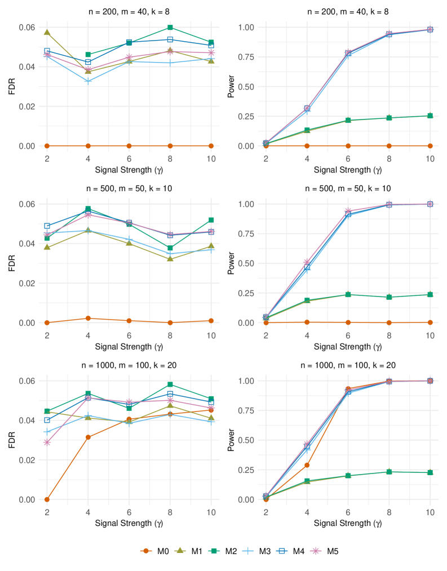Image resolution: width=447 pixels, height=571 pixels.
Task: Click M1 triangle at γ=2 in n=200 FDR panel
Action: point(47,33)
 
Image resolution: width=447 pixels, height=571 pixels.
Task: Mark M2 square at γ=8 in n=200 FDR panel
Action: point(170,27)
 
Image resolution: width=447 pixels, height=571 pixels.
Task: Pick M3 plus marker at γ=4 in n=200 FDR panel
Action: point(88,81)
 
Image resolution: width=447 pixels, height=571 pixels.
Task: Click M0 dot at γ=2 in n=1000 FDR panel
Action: point(47,499)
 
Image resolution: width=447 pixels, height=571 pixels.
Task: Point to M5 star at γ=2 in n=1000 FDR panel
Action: point(47,442)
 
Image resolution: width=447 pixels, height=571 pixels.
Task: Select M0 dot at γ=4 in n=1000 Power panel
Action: point(307,465)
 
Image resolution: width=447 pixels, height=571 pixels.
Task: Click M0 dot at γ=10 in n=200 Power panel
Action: point(430,146)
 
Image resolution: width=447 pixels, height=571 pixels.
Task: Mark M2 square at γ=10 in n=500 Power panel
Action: point(430,294)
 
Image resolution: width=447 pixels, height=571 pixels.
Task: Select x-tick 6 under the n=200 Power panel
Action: point(348,158)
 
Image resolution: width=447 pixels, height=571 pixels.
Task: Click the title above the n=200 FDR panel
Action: point(129,11)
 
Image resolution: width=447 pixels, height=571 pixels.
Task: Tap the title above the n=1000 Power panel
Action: point(348,365)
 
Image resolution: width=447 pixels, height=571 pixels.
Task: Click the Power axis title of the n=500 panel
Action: point(230,263)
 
